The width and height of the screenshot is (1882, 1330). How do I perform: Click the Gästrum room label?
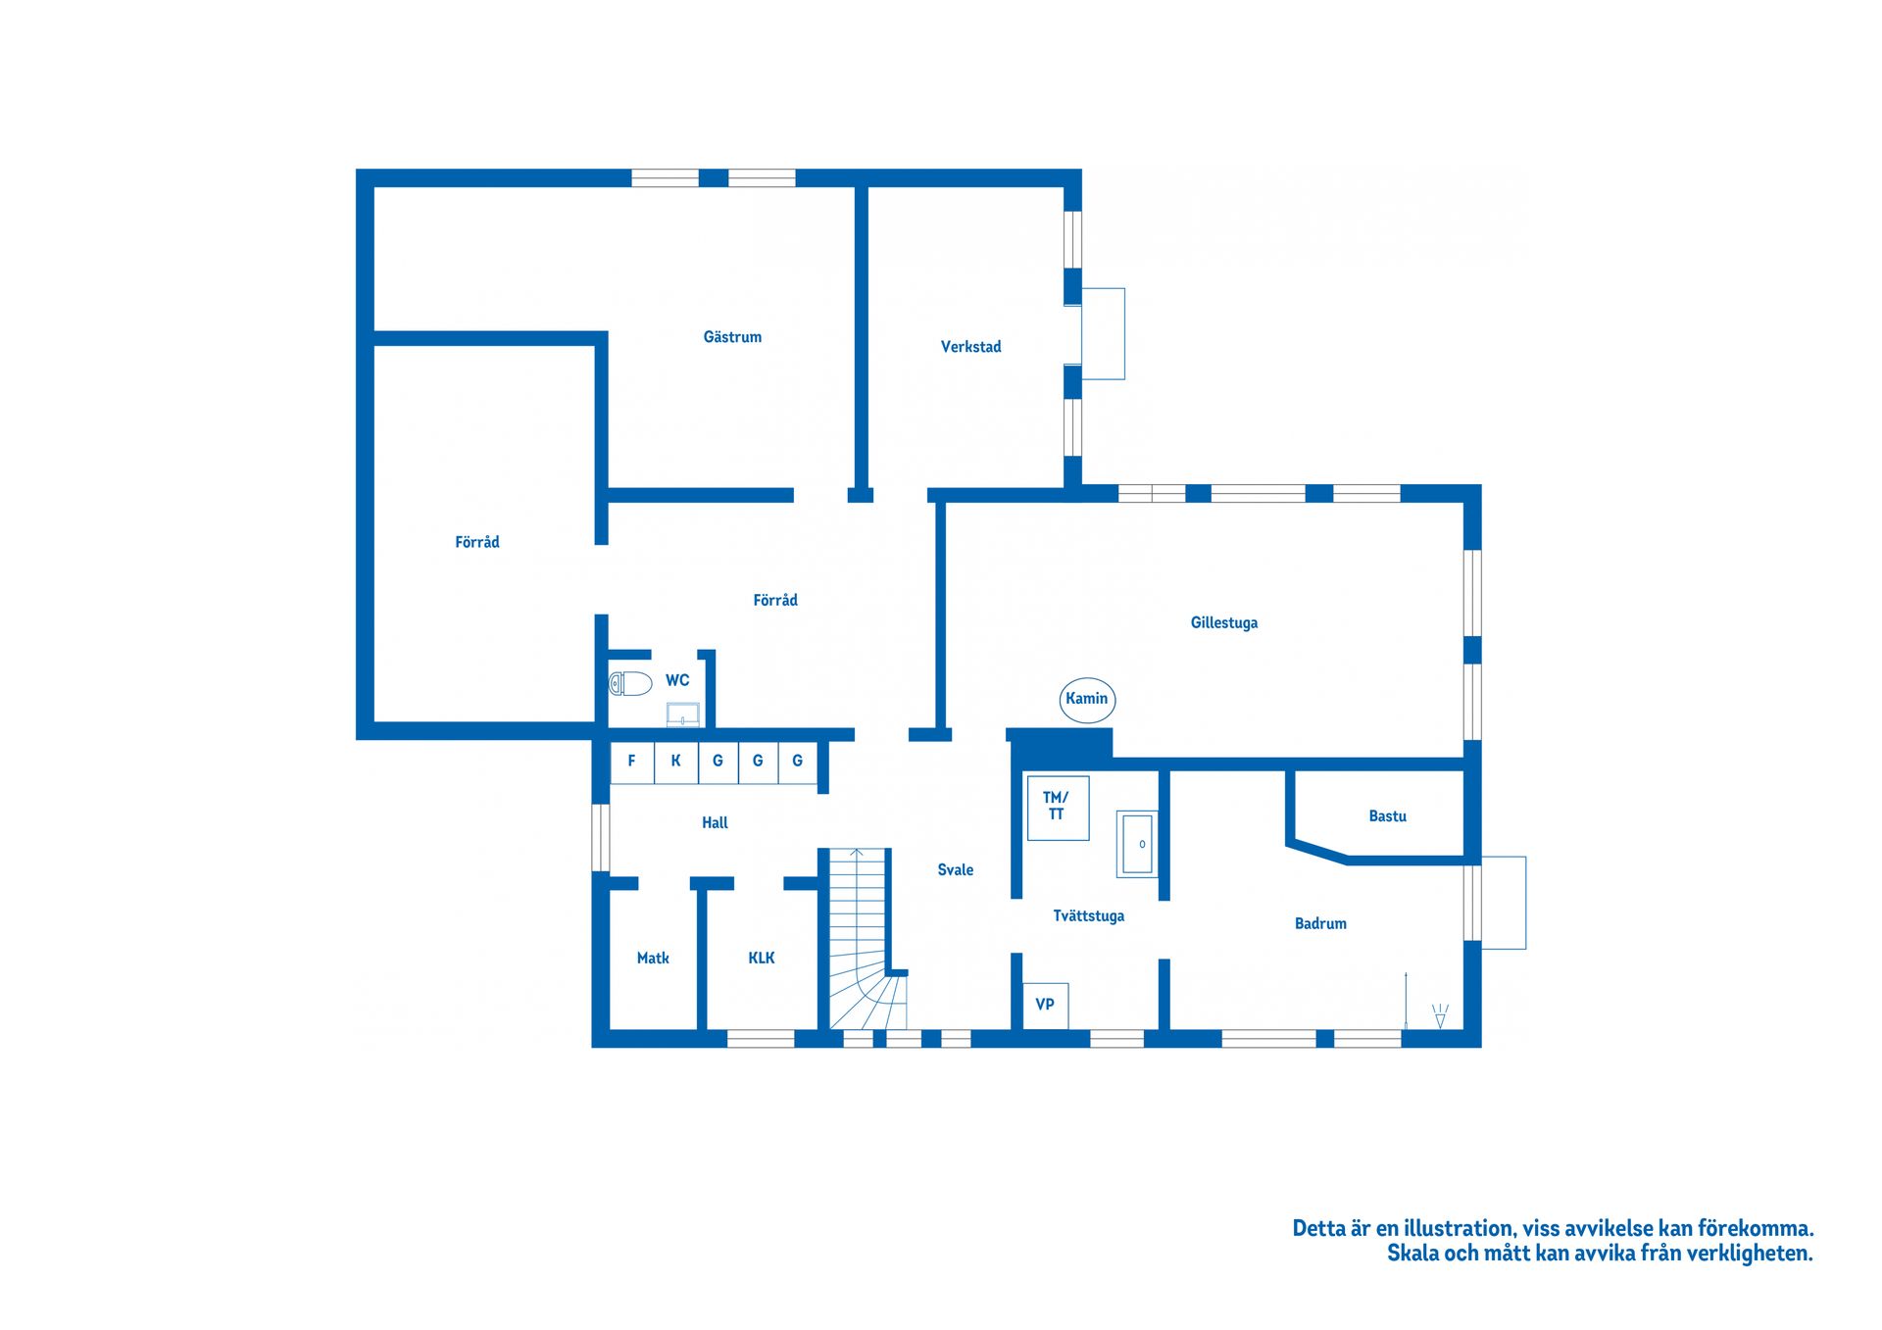click(732, 337)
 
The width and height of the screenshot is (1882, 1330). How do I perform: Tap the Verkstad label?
click(970, 347)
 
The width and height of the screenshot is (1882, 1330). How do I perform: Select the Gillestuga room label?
click(1223, 623)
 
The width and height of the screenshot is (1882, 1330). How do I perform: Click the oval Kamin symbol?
click(1087, 700)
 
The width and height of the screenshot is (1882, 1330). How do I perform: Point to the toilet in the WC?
click(630, 683)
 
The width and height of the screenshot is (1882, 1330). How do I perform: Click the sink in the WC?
click(683, 714)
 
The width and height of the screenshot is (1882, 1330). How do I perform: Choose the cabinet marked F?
click(632, 762)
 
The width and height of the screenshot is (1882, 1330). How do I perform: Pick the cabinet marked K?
click(676, 762)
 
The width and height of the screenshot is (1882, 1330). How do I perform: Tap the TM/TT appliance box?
click(1058, 808)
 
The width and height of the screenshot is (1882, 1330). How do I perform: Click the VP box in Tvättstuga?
click(1045, 1006)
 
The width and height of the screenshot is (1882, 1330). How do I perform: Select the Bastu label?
click(1387, 816)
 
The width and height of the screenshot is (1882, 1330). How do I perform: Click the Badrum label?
click(1320, 924)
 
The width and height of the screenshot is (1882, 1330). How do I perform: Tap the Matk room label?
click(653, 959)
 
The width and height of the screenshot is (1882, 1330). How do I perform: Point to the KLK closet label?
click(762, 959)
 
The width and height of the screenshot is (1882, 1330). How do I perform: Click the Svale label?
click(956, 870)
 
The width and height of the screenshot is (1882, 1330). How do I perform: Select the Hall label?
click(715, 823)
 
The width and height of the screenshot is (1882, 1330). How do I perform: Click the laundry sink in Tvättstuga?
click(1137, 844)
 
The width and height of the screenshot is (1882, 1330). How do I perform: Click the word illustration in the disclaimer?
click(1459, 1229)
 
